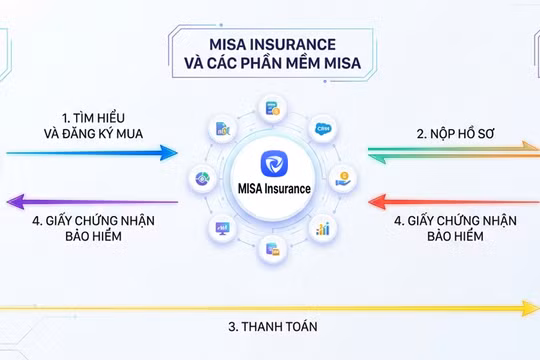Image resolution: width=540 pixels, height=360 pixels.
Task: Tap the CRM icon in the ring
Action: (x=322, y=130)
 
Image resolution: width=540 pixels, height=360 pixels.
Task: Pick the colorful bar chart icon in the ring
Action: (x=322, y=228)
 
